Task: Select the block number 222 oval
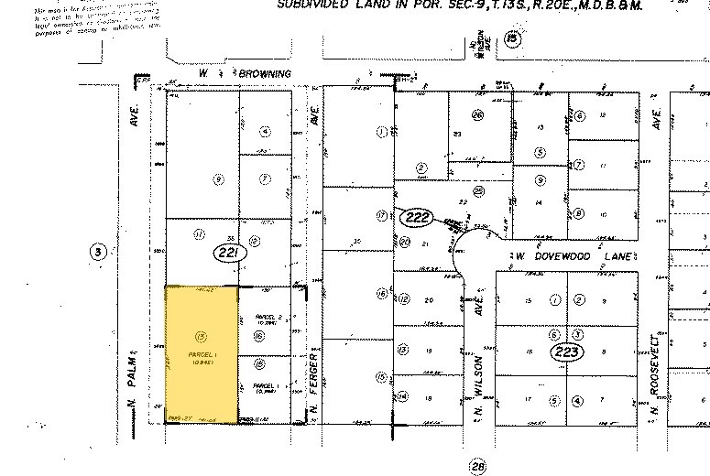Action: (416, 217)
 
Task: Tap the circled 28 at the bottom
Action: (477, 467)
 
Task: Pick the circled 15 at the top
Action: (513, 38)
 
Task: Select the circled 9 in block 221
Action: (218, 179)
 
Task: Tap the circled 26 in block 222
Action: (477, 115)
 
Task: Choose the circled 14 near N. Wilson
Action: (402, 396)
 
